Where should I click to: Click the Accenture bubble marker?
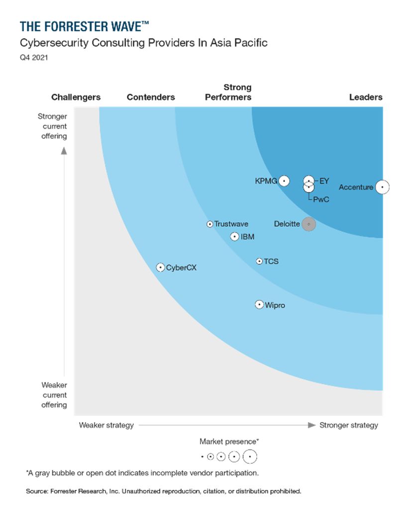pyautogui.click(x=382, y=187)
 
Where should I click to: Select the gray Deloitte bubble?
pyautogui.click(x=308, y=224)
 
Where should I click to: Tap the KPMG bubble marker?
pyautogui.click(x=284, y=181)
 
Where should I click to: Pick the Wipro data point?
pyautogui.click(x=259, y=305)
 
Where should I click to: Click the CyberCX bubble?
pyautogui.click(x=160, y=267)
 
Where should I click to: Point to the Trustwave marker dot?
pyautogui.click(x=210, y=224)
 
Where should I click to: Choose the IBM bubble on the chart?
pyautogui.click(x=235, y=237)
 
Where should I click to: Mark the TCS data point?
pyautogui.click(x=259, y=261)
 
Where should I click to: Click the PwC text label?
pyautogui.click(x=321, y=200)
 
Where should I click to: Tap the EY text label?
pyautogui.click(x=324, y=181)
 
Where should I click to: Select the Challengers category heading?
pyautogui.click(x=76, y=97)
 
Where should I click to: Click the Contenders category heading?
pyautogui.click(x=151, y=97)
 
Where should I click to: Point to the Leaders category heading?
pyautogui.click(x=366, y=97)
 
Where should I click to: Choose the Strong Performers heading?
pyautogui.click(x=228, y=92)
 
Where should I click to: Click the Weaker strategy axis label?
pyautogui.click(x=106, y=425)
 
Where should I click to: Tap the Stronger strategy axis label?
pyautogui.click(x=349, y=425)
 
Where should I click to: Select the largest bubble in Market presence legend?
pyautogui.click(x=250, y=456)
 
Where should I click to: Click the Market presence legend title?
pyautogui.click(x=229, y=441)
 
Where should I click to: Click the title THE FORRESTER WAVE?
pyautogui.click(x=84, y=26)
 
